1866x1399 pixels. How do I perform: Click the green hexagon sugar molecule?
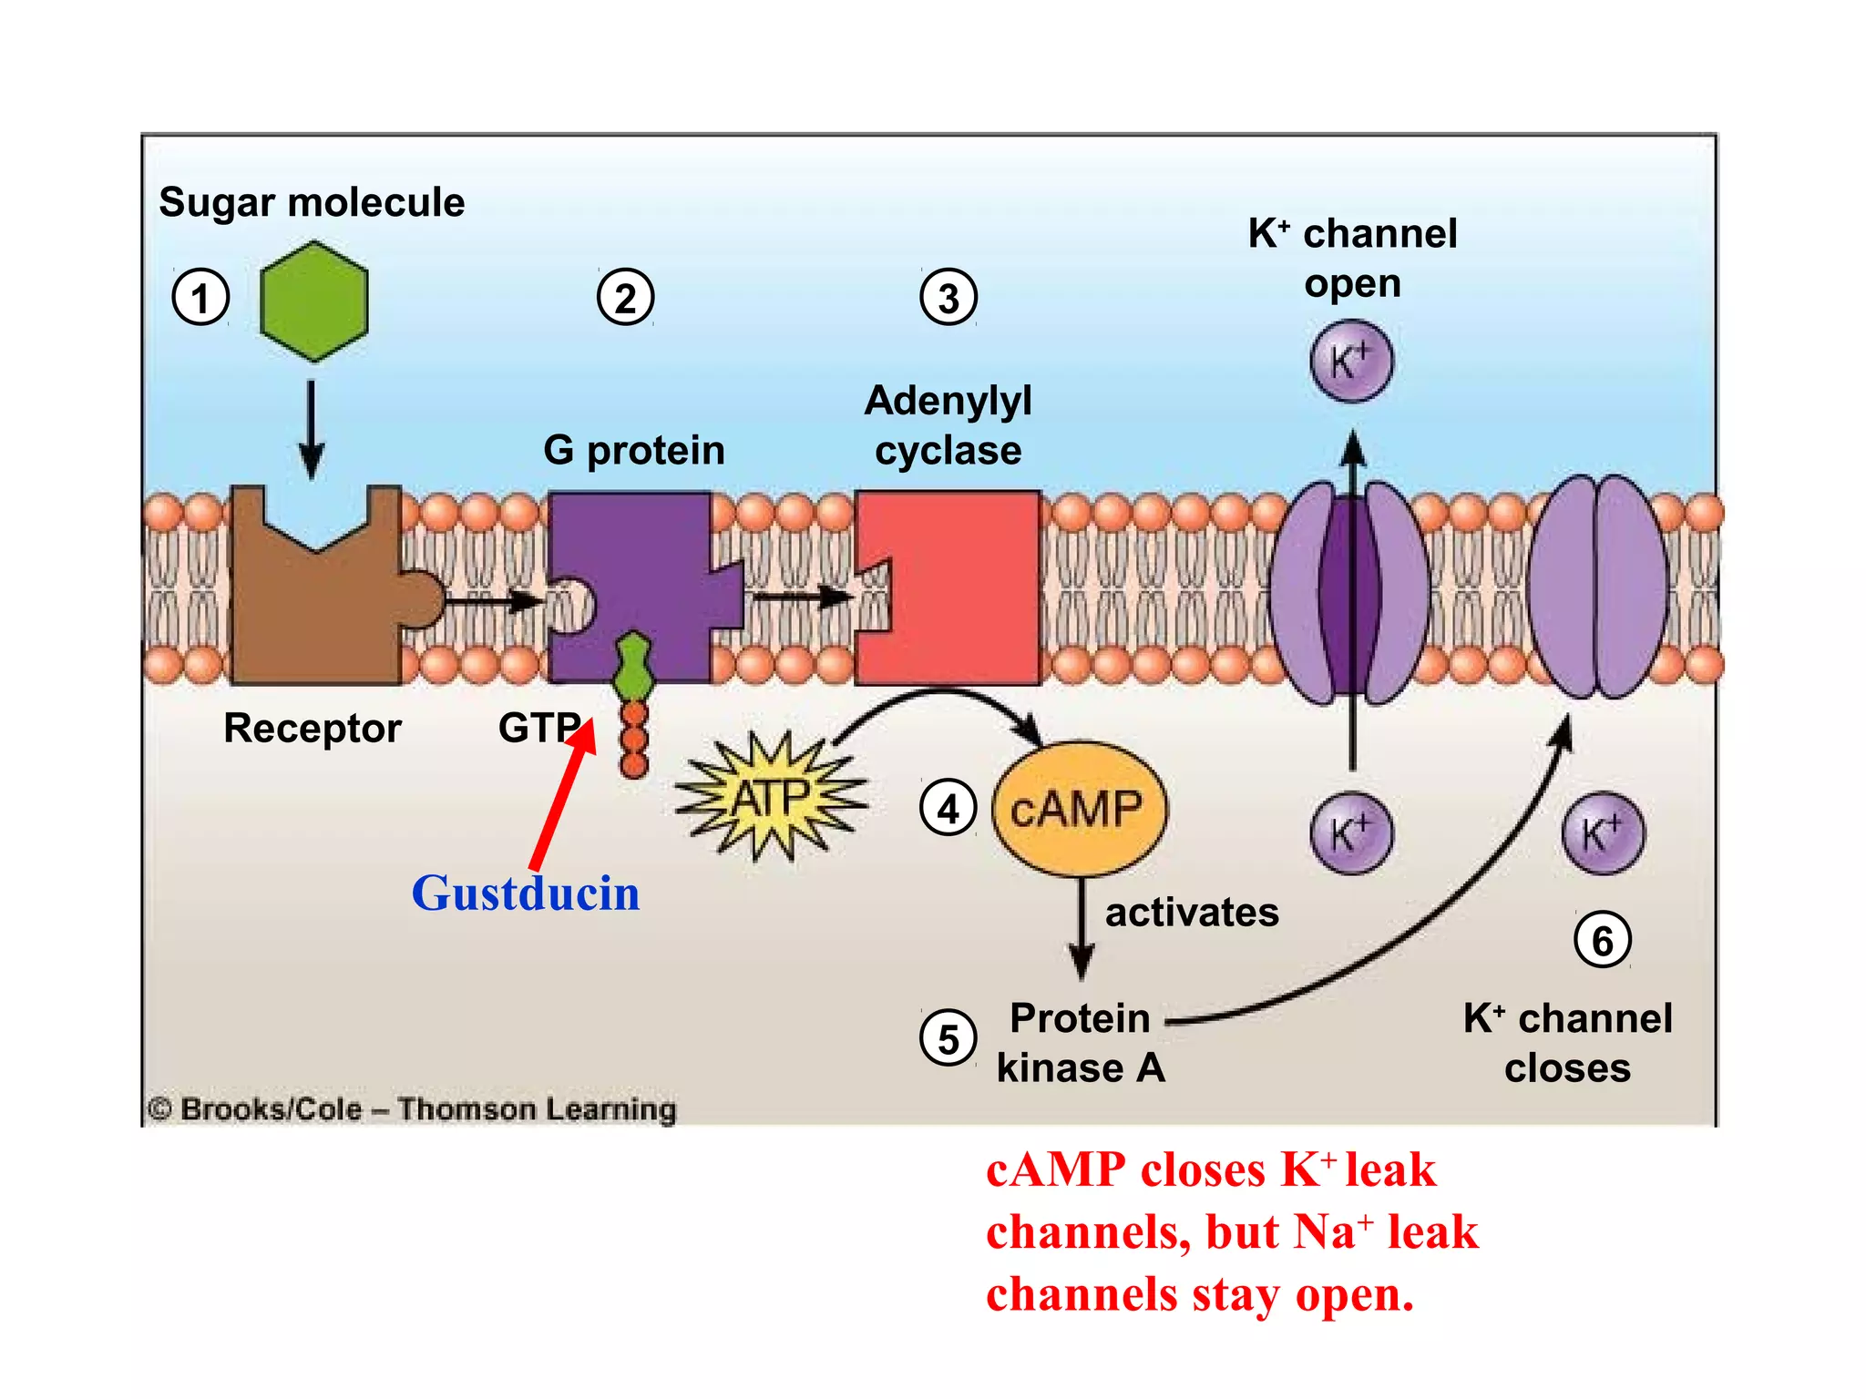(313, 301)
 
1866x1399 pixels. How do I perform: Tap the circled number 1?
(200, 298)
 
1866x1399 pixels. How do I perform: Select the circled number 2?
(625, 298)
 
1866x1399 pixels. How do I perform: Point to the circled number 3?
(948, 298)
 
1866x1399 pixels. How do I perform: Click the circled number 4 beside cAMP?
(948, 808)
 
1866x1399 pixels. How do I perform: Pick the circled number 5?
(948, 1038)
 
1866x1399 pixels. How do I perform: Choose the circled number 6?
(1602, 940)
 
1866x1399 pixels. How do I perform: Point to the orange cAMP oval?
(1079, 808)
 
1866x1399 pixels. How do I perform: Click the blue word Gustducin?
(526, 894)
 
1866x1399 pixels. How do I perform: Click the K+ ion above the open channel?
(1351, 361)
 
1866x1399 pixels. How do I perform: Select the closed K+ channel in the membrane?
(1598, 587)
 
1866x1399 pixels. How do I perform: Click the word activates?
(1192, 913)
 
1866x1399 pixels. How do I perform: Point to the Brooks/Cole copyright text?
(412, 1109)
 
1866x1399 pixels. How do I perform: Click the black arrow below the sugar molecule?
(312, 428)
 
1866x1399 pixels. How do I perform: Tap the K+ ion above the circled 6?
(1602, 833)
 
